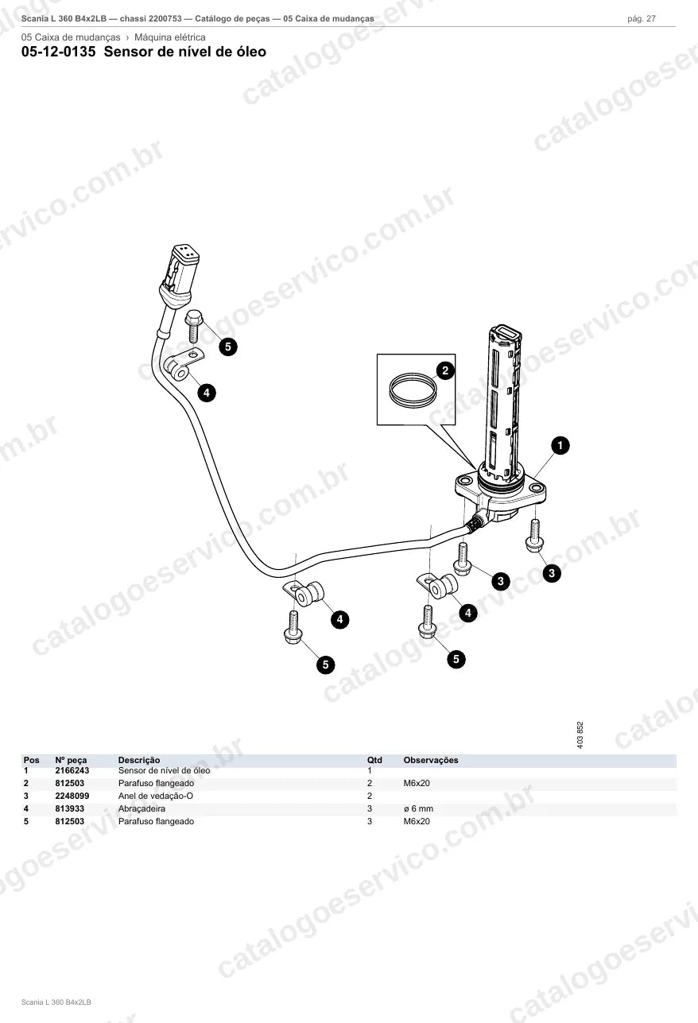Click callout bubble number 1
point(560,445)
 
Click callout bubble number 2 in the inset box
point(445,370)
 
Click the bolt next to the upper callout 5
point(194,326)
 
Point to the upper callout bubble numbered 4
point(207,393)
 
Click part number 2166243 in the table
point(72,770)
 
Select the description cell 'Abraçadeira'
point(142,808)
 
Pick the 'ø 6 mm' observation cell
point(418,808)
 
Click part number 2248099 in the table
point(72,796)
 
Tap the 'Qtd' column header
point(374,760)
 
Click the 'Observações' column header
point(431,760)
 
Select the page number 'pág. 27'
point(642,19)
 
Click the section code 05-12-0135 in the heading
point(59,52)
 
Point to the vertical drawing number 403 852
point(580,734)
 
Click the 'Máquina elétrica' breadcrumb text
point(170,37)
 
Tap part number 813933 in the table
point(69,808)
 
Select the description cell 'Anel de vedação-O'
point(155,796)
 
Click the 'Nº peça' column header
point(71,760)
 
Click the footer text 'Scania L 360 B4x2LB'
point(56,1002)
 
